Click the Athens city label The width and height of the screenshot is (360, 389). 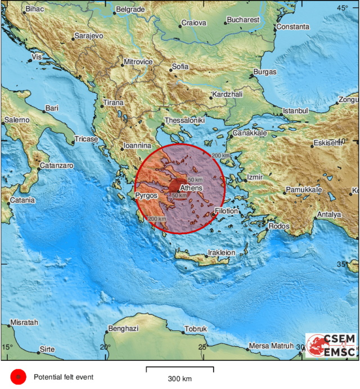(191, 187)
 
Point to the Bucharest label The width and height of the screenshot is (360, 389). (243, 20)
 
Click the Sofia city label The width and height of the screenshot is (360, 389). (180, 66)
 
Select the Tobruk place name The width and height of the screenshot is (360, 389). (196, 329)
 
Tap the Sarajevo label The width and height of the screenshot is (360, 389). (88, 36)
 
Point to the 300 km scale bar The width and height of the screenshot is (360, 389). (179, 370)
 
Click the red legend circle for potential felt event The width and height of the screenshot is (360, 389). (19, 377)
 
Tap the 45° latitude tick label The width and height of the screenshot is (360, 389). (343, 7)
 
